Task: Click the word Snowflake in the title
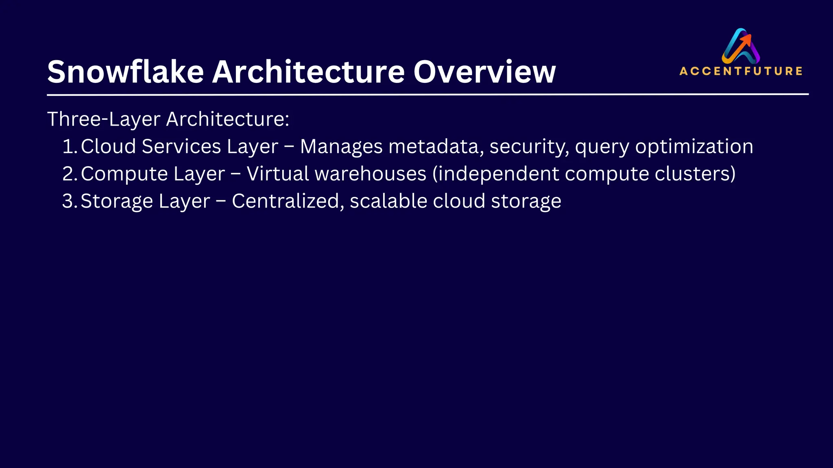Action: (125, 72)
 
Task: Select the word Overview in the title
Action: (484, 72)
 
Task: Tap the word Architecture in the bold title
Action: (308, 72)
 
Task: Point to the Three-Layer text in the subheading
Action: (104, 119)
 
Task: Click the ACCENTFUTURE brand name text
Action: (741, 71)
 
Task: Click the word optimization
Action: (694, 147)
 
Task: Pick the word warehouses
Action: (371, 174)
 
